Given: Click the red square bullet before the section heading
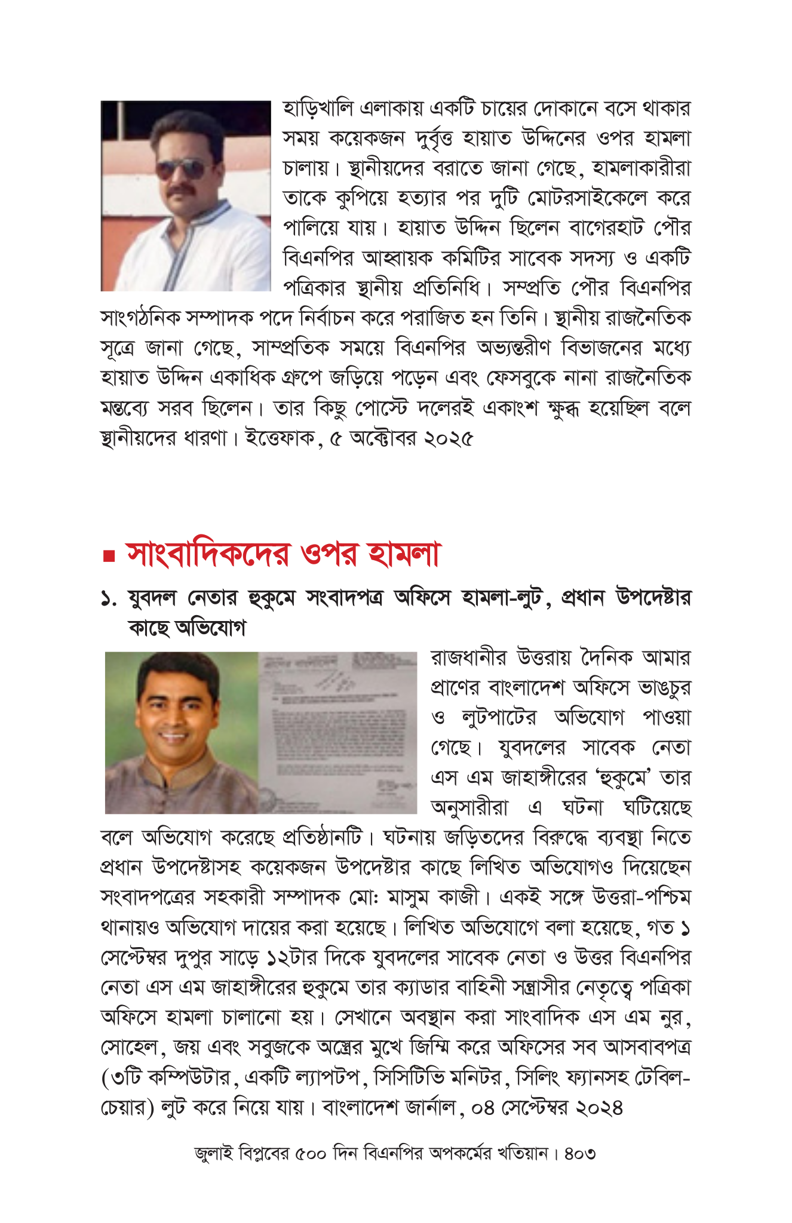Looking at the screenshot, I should (x=108, y=557).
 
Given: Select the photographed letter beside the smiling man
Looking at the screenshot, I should (x=338, y=732).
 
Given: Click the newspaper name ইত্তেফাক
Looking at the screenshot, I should (x=281, y=439).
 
